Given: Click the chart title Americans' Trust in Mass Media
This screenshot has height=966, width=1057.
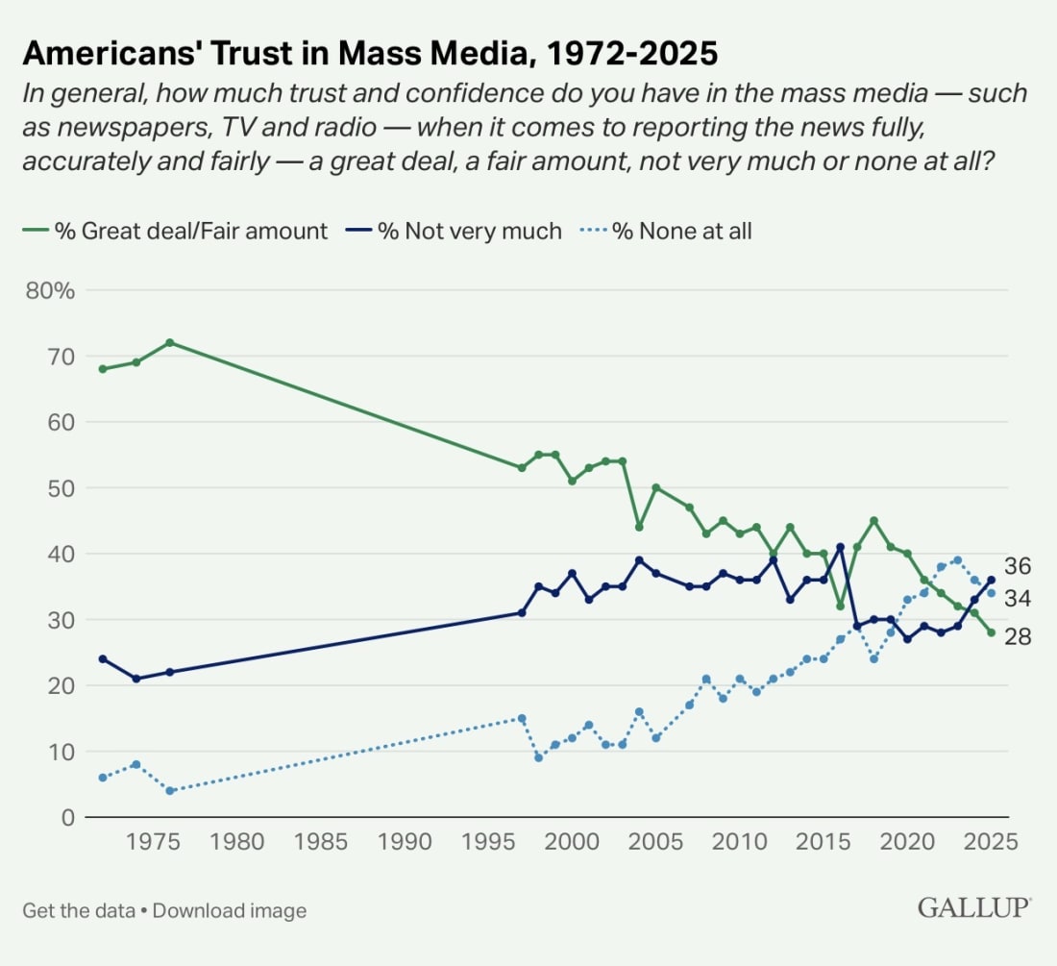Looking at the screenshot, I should (x=370, y=53).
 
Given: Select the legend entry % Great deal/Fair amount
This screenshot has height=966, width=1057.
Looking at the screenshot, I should (x=175, y=231).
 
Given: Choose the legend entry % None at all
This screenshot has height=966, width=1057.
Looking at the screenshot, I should (x=667, y=231).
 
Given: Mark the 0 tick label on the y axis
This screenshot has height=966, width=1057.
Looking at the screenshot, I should (x=68, y=817).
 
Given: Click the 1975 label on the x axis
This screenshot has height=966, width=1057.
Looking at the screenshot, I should (x=153, y=841).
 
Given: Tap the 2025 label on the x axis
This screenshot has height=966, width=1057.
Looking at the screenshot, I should (x=992, y=841).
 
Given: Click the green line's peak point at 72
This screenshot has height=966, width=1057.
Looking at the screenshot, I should (x=170, y=343).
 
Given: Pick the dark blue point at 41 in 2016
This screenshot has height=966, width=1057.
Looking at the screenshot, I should (x=840, y=547).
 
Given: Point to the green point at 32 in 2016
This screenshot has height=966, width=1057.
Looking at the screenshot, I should (x=840, y=607).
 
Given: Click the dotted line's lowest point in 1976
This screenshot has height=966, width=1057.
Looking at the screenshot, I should (x=170, y=791).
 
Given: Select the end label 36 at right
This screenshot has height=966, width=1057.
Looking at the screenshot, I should (x=1018, y=566).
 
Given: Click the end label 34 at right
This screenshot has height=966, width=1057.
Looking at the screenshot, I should (x=1018, y=599).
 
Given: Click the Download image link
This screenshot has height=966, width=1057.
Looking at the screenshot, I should (x=230, y=910).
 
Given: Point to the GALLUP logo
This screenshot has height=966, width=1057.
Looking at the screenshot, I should (x=974, y=907).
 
